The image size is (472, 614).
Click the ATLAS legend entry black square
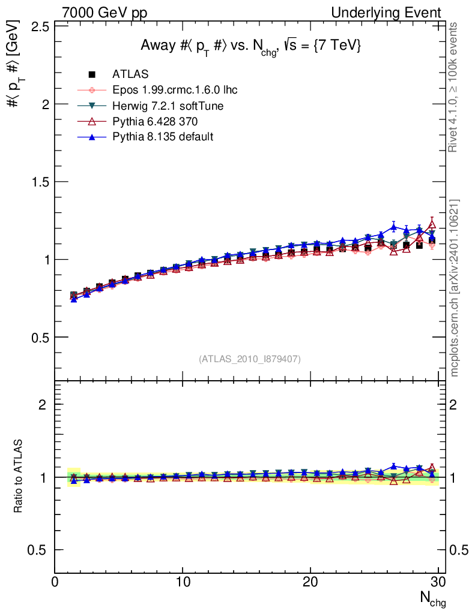[92, 74]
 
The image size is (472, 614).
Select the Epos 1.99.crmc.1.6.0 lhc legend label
[175, 90]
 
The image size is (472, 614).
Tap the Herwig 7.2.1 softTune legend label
[168, 106]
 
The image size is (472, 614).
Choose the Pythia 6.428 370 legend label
[155, 121]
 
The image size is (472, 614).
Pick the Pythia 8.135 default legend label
[163, 137]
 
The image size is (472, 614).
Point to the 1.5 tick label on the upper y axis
[40, 182]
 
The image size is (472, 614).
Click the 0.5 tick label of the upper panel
[40, 338]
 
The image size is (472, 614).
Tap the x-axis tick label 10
[183, 582]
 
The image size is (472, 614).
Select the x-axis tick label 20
[310, 582]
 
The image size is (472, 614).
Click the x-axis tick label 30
[438, 582]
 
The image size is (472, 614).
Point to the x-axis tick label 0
[55, 582]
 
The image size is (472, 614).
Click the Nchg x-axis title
[433, 599]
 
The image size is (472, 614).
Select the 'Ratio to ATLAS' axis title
[17, 476]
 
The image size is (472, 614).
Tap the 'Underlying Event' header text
[386, 13]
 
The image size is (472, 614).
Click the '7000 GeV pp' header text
[104, 13]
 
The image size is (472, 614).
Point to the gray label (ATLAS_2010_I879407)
[250, 359]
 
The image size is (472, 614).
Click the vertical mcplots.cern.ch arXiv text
[454, 288]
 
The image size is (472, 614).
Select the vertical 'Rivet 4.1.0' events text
[453, 87]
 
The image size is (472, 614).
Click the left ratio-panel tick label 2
[42, 404]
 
